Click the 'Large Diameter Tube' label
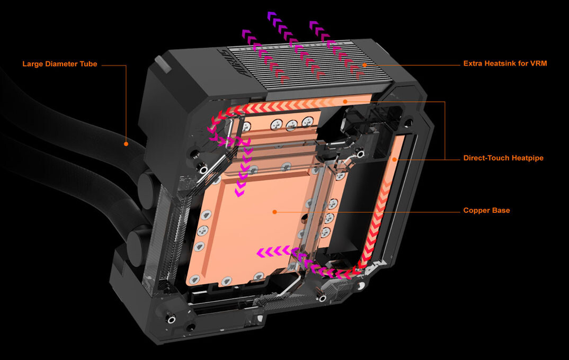click(59, 64)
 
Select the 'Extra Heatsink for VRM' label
click(504, 64)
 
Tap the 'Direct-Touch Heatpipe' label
click(503, 158)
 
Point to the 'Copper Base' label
click(486, 211)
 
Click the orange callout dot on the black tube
click(126, 143)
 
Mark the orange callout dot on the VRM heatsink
click(364, 65)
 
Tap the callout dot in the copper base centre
click(274, 211)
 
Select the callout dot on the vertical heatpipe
click(395, 158)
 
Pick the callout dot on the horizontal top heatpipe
click(344, 101)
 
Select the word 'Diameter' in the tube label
click(64, 64)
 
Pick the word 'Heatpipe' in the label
click(527, 158)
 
